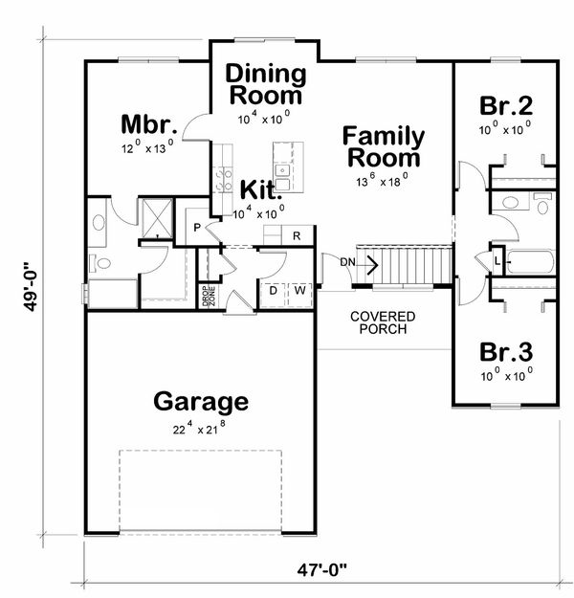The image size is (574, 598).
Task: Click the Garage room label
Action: (x=201, y=403)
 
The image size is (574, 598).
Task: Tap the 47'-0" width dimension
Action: (x=322, y=570)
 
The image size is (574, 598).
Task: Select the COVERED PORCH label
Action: (x=383, y=322)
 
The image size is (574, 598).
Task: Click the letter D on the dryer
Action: (x=273, y=291)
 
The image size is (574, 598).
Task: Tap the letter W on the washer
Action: (x=299, y=291)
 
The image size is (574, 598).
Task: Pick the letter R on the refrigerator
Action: (x=297, y=236)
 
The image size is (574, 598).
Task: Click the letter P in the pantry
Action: (x=197, y=228)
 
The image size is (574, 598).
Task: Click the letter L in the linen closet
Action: (x=497, y=261)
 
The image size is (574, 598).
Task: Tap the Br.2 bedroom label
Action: (x=506, y=106)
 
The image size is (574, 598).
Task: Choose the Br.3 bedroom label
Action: (x=506, y=352)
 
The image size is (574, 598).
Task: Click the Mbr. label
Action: (x=149, y=124)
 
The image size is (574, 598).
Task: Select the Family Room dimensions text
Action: (x=383, y=180)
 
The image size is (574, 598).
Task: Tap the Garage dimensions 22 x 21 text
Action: (x=199, y=428)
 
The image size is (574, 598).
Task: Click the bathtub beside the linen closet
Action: (x=530, y=261)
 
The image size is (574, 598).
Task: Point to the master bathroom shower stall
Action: (x=157, y=218)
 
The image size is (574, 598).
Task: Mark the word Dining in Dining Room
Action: (x=266, y=74)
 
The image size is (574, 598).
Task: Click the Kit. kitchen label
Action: (x=261, y=190)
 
